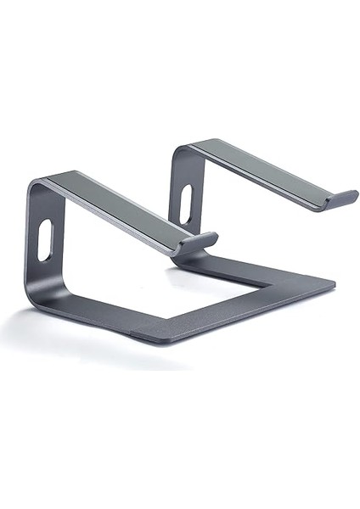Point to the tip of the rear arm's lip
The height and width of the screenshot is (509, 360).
click(354, 195)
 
